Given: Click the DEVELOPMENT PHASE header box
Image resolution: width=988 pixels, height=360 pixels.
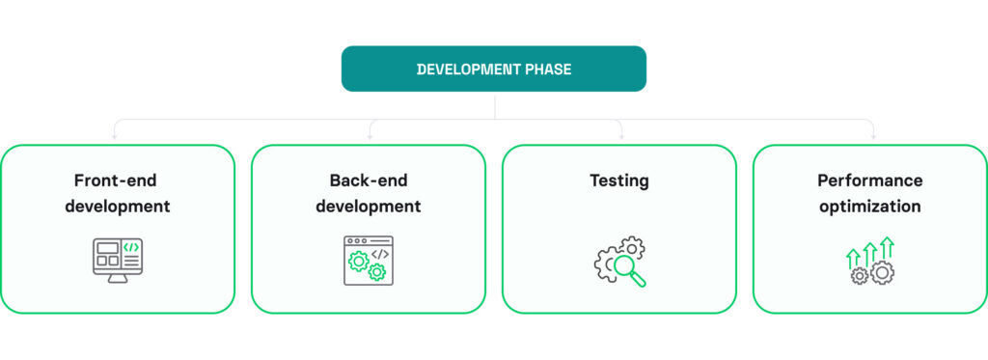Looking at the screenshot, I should coord(493,69).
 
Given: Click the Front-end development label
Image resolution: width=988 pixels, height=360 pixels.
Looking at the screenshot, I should coord(118,193).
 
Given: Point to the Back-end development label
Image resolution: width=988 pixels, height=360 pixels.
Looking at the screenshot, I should coord(368,193).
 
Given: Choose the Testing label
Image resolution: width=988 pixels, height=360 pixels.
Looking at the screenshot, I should coord(618,180).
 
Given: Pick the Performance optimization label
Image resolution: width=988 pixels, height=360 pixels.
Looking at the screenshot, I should coord(869,193).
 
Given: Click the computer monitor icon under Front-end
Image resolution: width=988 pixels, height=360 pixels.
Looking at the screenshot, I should coord(118,260).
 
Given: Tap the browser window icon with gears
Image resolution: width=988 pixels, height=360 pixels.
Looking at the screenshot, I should coord(368,260).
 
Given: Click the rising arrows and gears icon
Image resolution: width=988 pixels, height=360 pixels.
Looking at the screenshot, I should coord(869,261).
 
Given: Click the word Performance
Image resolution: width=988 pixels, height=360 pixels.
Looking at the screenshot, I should coord(869,180).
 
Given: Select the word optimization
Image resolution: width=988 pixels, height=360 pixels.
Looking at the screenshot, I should coord(869,206).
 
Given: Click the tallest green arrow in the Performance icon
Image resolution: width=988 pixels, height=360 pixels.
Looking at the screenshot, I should coord(887,247).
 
